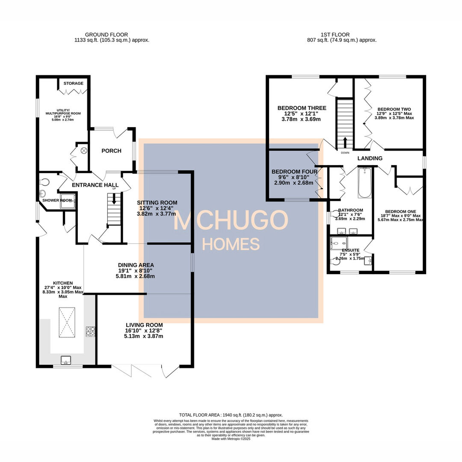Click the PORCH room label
click(x=111, y=151)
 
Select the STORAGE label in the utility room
click(x=74, y=83)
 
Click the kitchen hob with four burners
click(x=91, y=331)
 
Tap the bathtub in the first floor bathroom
click(x=364, y=183)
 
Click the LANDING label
click(x=370, y=158)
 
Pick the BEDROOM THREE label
click(x=302, y=108)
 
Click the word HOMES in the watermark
click(x=231, y=244)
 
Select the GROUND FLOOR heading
click(x=106, y=35)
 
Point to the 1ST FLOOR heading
click(x=335, y=35)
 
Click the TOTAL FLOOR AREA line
click(x=231, y=415)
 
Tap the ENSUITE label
click(x=351, y=250)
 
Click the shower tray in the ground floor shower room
click(x=68, y=201)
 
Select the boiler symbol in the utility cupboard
click(x=84, y=151)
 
